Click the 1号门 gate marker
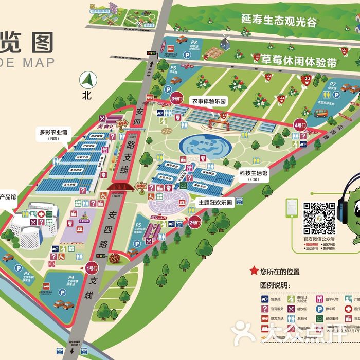92,268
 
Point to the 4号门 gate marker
299,125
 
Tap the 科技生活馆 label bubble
254,175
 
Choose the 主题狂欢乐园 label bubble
215,203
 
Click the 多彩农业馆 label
53,133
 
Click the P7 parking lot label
333,85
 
